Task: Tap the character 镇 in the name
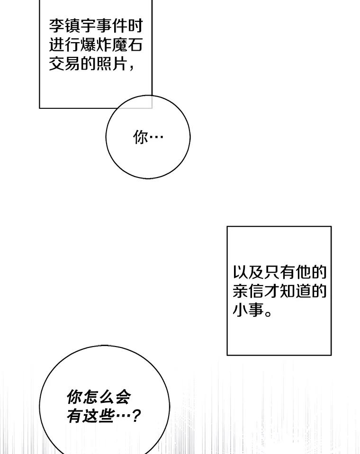click(72, 25)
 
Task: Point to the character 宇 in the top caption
click(88, 25)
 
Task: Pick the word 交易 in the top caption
click(65, 64)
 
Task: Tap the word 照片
click(111, 64)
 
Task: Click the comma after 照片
click(131, 67)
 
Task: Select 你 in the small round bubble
click(141, 137)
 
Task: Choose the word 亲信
click(248, 292)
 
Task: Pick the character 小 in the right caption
click(240, 311)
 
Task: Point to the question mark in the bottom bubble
click(136, 417)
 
